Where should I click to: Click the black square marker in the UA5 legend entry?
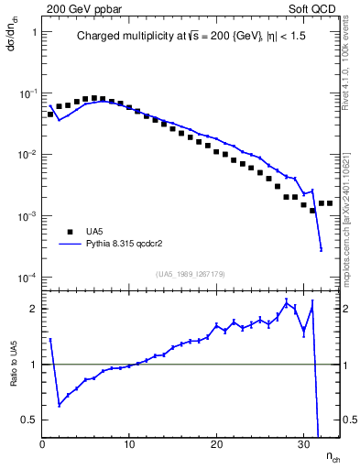pos(69,233)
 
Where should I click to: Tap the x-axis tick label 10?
pos(129,445)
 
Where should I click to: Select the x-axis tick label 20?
pos(216,445)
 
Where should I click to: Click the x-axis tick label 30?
pos(303,445)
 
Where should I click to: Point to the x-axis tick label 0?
pos(42,445)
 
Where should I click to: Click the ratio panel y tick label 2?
pos(32,309)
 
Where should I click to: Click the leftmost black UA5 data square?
pos(50,115)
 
